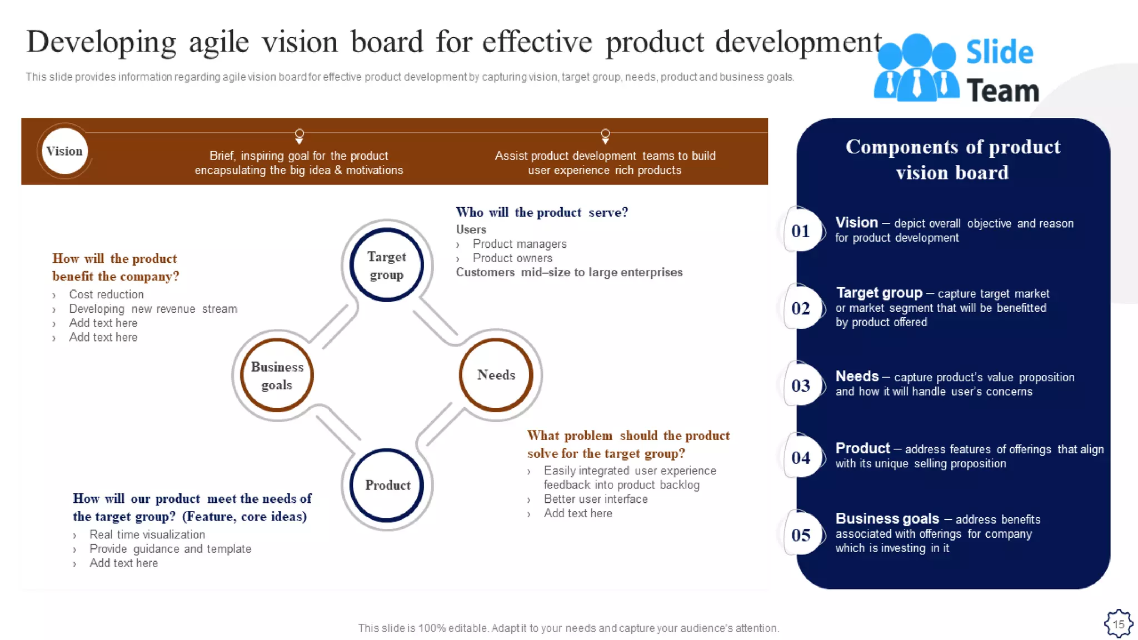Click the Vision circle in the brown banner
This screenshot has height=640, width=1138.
pyautogui.click(x=64, y=151)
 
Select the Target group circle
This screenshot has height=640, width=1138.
pyautogui.click(x=387, y=265)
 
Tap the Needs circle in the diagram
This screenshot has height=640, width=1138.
pyautogui.click(x=496, y=375)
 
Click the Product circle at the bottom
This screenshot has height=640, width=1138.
pyautogui.click(x=387, y=485)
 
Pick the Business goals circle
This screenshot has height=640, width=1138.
pyautogui.click(x=277, y=376)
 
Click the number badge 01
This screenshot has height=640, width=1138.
pyautogui.click(x=801, y=231)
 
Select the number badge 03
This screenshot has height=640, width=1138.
pyautogui.click(x=801, y=385)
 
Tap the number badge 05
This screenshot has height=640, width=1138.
pyautogui.click(x=801, y=534)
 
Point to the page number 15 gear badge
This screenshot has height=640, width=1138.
pyautogui.click(x=1118, y=623)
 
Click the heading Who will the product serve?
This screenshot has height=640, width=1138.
pyautogui.click(x=542, y=212)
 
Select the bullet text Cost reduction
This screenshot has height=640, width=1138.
pyautogui.click(x=106, y=294)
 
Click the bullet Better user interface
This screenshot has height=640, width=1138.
pyautogui.click(x=595, y=499)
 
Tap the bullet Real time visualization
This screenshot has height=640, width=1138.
pyautogui.click(x=147, y=534)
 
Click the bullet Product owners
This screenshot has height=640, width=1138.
pyautogui.click(x=512, y=258)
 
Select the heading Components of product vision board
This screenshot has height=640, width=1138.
pyautogui.click(x=952, y=159)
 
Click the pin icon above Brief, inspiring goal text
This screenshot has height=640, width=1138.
pyautogui.click(x=299, y=136)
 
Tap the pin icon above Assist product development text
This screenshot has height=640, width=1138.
pyautogui.click(x=605, y=136)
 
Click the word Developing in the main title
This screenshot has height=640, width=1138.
pyautogui.click(x=101, y=43)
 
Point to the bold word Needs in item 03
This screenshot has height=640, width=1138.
pyautogui.click(x=857, y=376)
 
